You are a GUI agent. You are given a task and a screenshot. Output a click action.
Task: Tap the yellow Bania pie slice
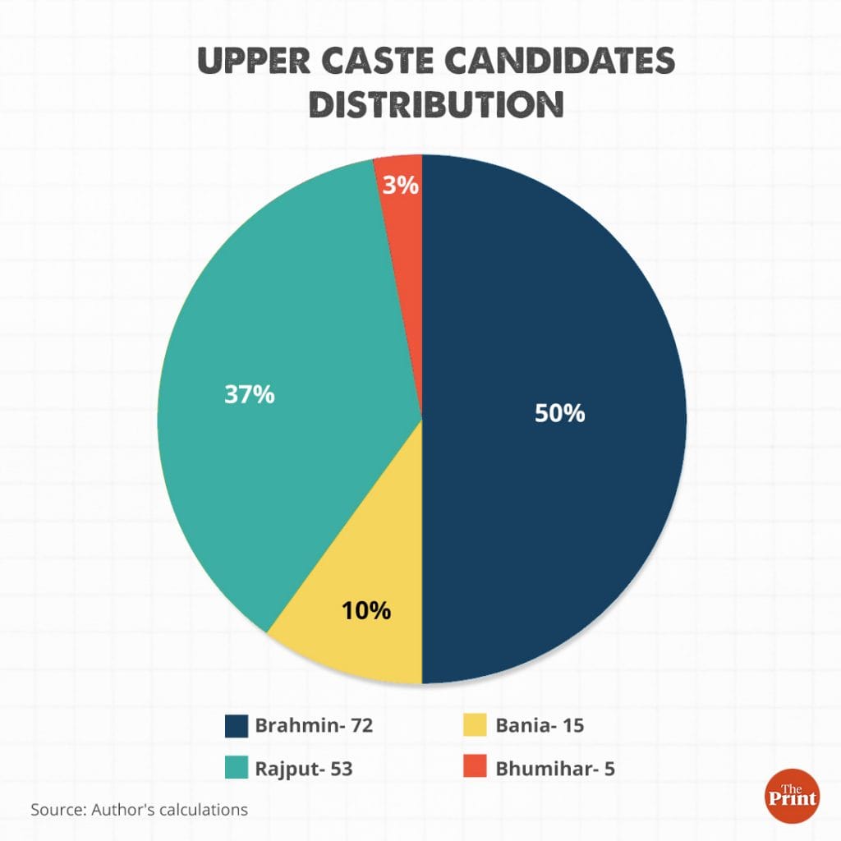pos(361,641)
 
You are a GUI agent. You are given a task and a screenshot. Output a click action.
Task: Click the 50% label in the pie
pos(559,413)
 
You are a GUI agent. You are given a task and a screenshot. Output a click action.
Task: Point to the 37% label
pos(249,394)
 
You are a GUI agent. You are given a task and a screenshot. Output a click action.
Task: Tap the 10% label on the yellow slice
pos(365,611)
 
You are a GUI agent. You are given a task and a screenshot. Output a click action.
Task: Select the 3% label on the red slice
pos(401,186)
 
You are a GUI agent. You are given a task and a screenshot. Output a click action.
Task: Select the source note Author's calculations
pos(140,809)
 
